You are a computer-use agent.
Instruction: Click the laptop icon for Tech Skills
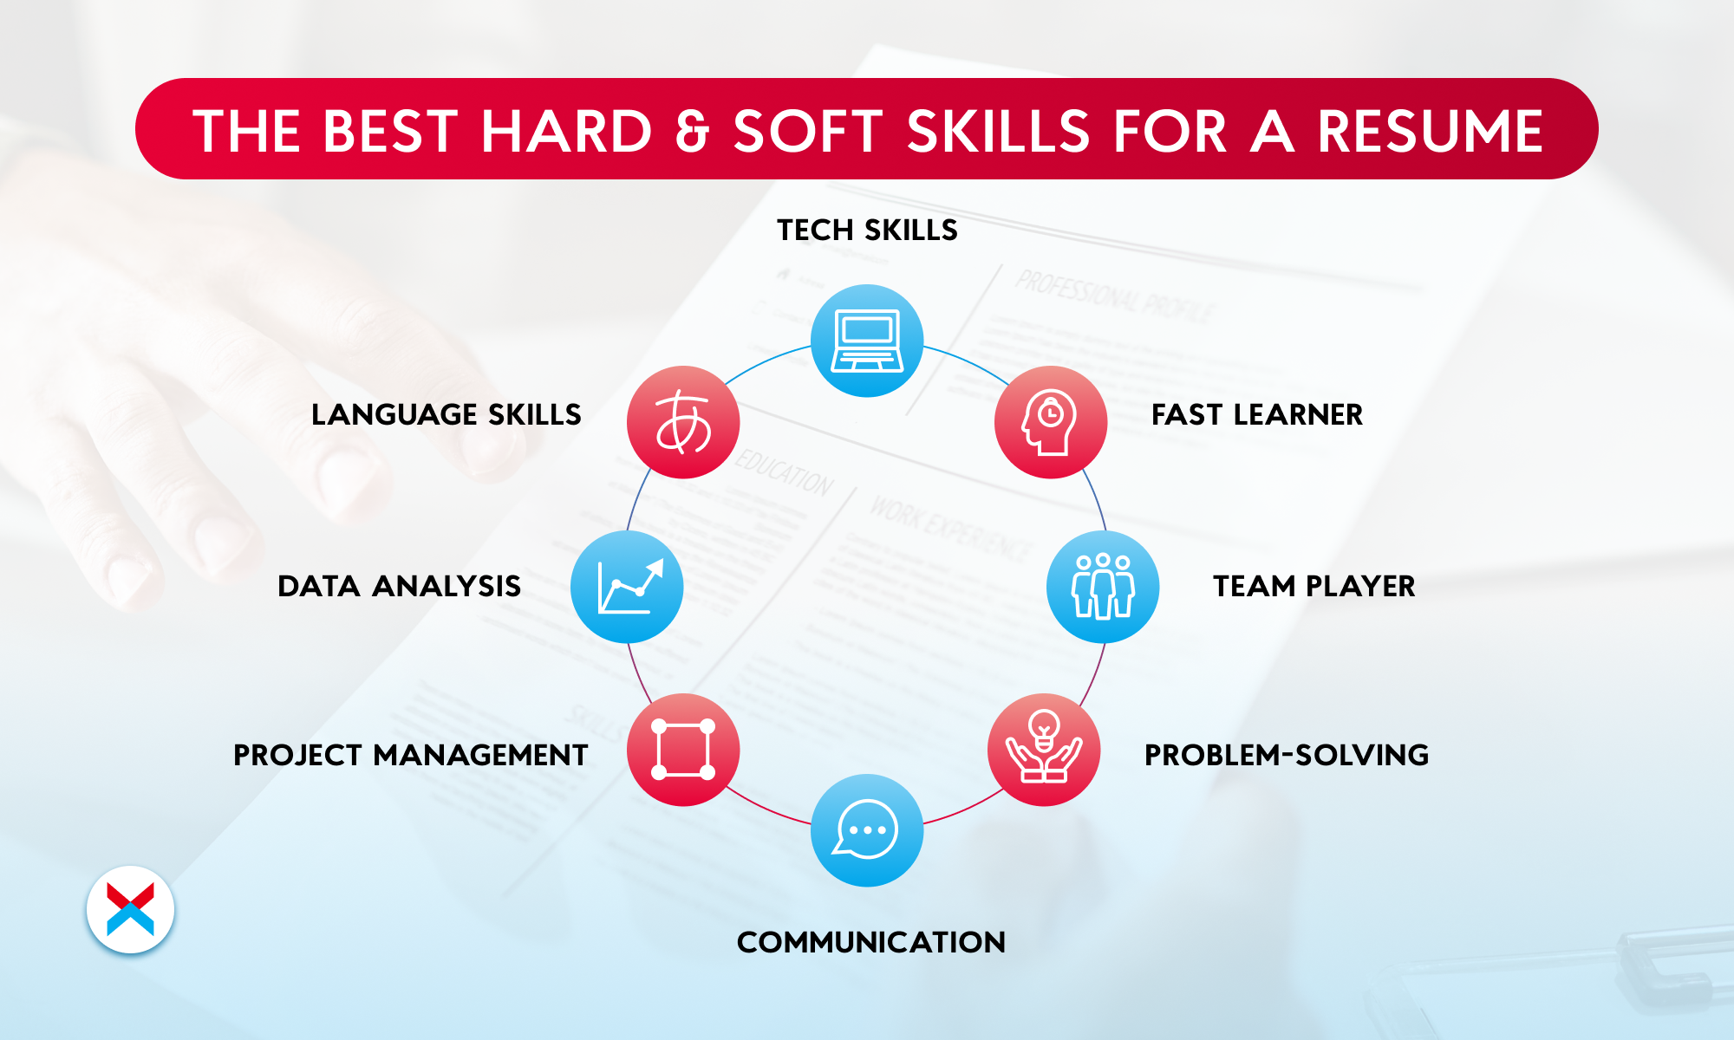(867, 341)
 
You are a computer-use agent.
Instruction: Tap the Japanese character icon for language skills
(683, 422)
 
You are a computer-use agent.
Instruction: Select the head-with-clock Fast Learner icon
(1051, 422)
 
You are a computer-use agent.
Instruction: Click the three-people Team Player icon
(1103, 587)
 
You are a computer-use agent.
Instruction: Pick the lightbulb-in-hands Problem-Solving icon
(1044, 750)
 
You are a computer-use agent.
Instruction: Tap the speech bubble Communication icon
(867, 830)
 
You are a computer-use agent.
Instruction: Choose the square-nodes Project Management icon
(683, 750)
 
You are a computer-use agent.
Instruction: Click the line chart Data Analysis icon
(627, 587)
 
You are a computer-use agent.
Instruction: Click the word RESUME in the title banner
(1431, 132)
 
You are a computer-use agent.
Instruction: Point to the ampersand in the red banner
(692, 132)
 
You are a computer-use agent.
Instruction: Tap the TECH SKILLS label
(867, 231)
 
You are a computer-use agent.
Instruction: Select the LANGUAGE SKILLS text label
(447, 415)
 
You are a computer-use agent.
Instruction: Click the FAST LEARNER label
(1257, 415)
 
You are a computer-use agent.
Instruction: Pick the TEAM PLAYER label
(1314, 587)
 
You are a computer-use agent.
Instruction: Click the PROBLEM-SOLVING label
(1287, 756)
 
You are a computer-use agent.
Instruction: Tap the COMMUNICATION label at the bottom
(871, 943)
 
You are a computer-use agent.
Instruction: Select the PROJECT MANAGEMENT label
(411, 756)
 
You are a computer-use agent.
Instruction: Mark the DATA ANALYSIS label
(400, 587)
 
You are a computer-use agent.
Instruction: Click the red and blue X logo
(131, 910)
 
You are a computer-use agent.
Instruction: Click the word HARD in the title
(566, 132)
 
